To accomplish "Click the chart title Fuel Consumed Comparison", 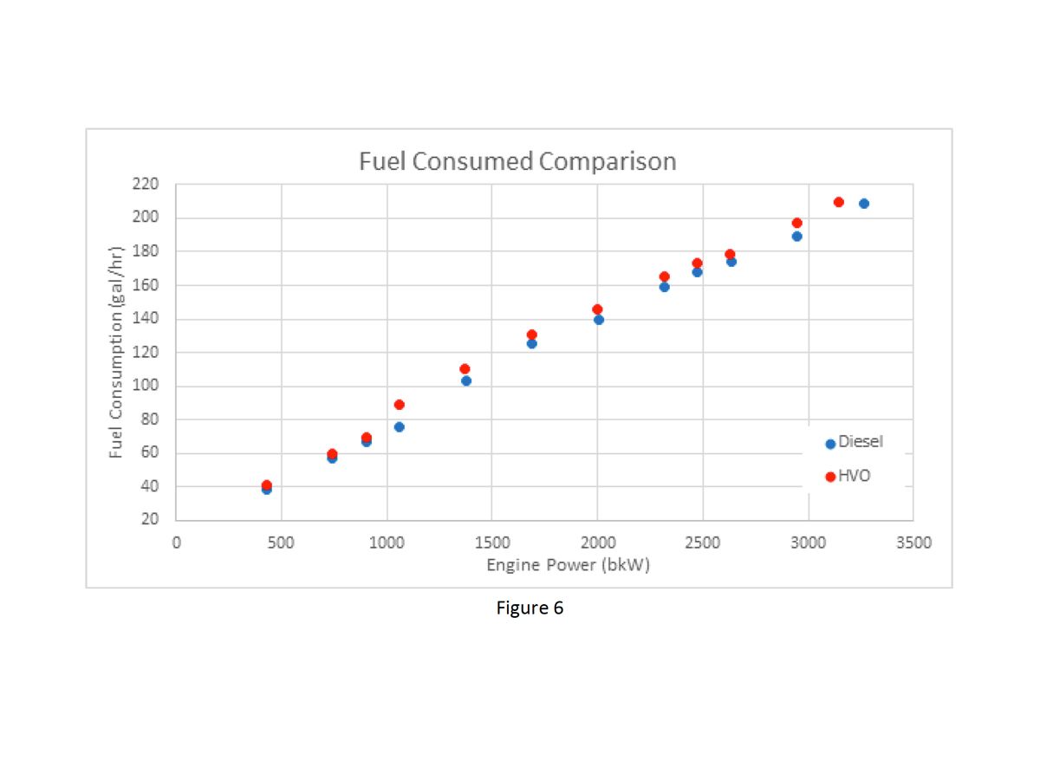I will (517, 162).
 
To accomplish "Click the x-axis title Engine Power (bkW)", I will (568, 565).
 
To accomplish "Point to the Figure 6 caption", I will (530, 608).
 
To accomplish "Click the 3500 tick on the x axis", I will (913, 543).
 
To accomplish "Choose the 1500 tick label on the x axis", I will (491, 543).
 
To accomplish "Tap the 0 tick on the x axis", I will (176, 543).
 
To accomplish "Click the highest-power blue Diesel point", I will (863, 204).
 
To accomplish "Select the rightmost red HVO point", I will (838, 202).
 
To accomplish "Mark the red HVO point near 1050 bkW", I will (399, 405).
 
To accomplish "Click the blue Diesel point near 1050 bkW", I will (399, 426).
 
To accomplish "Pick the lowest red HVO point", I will (266, 485).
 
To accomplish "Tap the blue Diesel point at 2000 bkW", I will (598, 320).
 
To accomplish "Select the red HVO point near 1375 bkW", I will (465, 368).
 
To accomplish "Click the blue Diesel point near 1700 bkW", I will (531, 343).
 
